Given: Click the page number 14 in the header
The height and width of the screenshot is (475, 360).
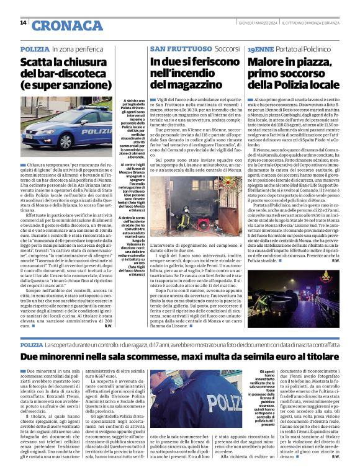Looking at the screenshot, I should pyautogui.click(x=23, y=23).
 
